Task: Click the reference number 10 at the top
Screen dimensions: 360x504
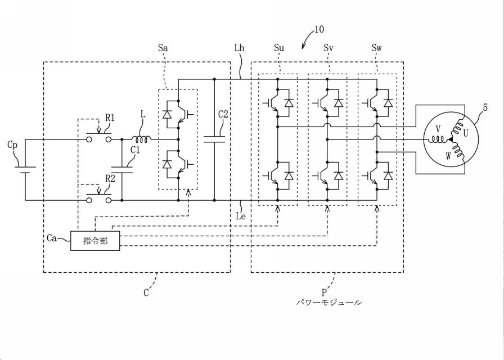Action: (x=319, y=29)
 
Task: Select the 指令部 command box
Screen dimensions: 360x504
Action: (x=95, y=241)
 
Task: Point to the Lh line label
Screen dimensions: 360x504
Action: (x=239, y=48)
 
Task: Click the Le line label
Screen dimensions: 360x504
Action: (x=241, y=215)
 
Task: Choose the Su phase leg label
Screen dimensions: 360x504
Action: (x=279, y=48)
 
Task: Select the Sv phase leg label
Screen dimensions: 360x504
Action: (x=328, y=48)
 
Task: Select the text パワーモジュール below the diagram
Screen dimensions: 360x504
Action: (x=329, y=303)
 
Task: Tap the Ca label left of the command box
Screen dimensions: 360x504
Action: (x=52, y=239)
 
